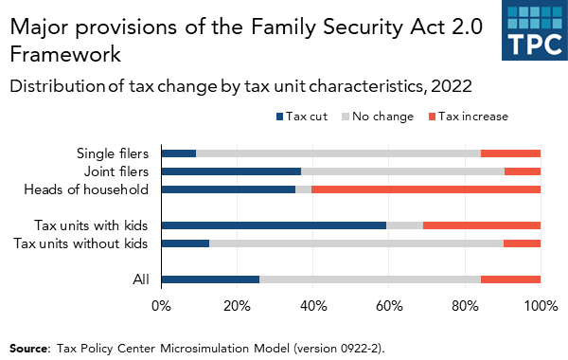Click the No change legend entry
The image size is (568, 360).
377,117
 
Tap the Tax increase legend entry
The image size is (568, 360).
464,117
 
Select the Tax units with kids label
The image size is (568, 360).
92,225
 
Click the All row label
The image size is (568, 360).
140,279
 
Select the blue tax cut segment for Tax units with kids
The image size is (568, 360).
274,225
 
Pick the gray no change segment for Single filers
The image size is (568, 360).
338,153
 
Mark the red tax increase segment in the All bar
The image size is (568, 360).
510,279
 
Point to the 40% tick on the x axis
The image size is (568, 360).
313,307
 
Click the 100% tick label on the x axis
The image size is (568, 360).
540,307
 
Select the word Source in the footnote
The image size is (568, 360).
28,348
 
